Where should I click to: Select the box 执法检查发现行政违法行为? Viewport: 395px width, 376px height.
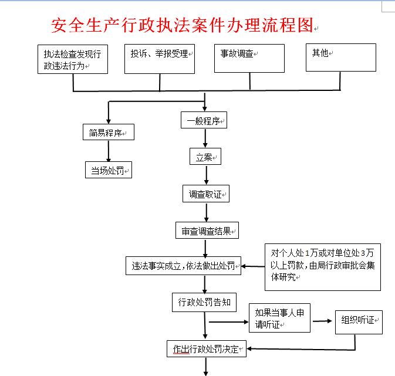click(73, 59)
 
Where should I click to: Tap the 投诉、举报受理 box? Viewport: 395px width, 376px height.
click(160, 59)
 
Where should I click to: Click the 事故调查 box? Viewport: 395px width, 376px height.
click(249, 59)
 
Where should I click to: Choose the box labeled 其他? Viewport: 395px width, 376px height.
click(340, 57)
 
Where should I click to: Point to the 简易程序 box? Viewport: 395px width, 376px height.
click(108, 133)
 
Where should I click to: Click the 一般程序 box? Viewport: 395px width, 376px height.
click(204, 121)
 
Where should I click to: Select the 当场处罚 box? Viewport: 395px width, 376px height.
click(109, 170)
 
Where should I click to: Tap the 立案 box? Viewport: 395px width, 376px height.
click(205, 157)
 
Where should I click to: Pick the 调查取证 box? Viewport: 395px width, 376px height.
click(205, 194)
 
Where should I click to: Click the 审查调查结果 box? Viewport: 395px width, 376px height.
click(207, 231)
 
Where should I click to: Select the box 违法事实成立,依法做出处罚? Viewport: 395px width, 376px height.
click(184, 266)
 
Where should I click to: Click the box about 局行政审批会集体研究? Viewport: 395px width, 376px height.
click(322, 266)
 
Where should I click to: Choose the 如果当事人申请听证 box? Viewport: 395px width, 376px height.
click(279, 319)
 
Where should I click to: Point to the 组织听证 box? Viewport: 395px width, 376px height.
click(359, 321)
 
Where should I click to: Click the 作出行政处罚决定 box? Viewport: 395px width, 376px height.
click(206, 349)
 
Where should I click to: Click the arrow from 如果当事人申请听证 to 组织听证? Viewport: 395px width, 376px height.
click(322, 321)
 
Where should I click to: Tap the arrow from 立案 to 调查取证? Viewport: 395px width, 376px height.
click(205, 175)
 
